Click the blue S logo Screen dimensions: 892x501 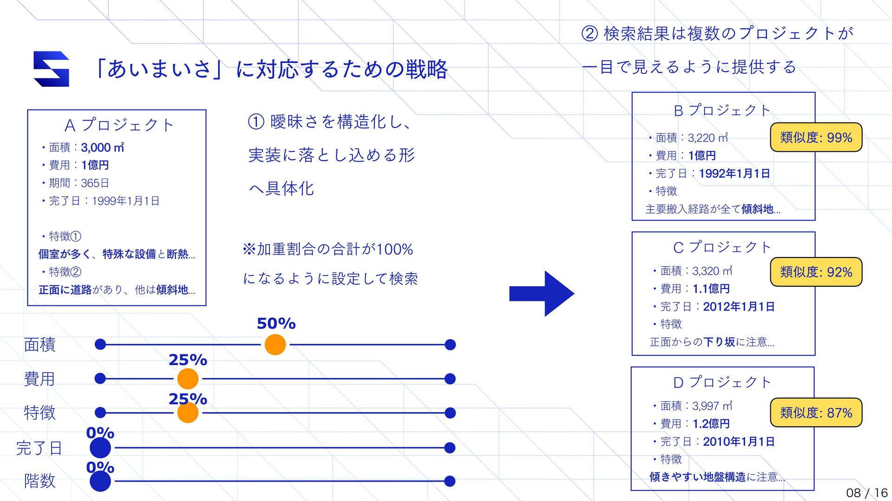[x=52, y=69]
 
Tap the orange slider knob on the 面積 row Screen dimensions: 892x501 [x=275, y=345]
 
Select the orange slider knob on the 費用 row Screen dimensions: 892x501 [x=188, y=379]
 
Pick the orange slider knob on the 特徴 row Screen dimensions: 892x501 [x=188, y=413]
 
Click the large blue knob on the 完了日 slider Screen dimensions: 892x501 [x=100, y=448]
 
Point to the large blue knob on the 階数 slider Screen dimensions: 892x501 [x=100, y=482]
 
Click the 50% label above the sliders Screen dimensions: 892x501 [x=276, y=323]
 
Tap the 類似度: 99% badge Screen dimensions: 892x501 [x=816, y=137]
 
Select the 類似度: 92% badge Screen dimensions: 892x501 [x=816, y=272]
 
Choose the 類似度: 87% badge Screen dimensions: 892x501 [x=816, y=412]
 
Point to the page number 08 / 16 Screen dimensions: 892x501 [x=866, y=493]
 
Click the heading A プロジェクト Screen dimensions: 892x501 [x=119, y=125]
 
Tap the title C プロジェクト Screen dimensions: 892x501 [x=722, y=247]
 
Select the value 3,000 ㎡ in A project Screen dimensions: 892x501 [x=102, y=148]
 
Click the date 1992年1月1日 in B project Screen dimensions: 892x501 [x=734, y=173]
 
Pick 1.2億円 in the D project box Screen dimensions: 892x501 [x=711, y=424]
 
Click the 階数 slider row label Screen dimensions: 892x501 [x=40, y=481]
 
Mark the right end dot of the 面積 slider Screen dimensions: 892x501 [x=450, y=345]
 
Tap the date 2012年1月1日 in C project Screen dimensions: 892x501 [x=739, y=307]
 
